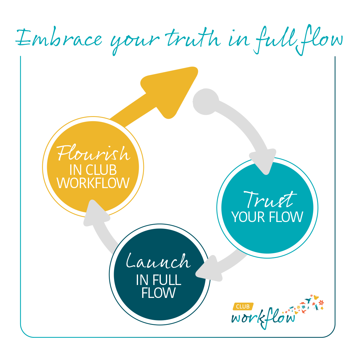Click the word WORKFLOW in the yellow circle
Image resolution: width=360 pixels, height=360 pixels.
(x=93, y=183)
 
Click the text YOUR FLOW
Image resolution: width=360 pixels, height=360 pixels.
(x=267, y=217)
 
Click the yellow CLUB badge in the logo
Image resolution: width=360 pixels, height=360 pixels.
(x=243, y=307)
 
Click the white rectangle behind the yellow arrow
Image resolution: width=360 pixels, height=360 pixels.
(x=192, y=97)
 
